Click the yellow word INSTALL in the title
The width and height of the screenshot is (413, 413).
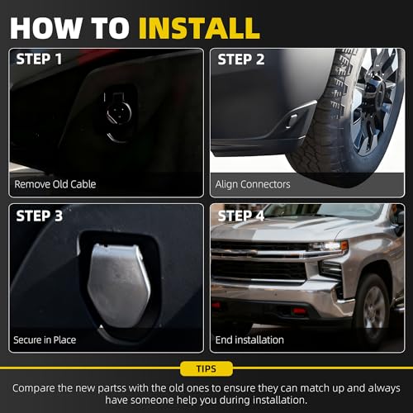199,28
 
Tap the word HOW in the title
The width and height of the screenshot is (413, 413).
46,28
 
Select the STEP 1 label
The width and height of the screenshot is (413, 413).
39,59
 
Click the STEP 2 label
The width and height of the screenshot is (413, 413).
241,59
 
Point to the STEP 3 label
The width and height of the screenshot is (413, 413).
40,216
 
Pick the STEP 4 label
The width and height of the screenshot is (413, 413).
241,216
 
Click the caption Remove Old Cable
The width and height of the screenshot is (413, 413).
55,184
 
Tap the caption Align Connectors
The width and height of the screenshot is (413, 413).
253,184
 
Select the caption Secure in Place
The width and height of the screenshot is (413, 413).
45,340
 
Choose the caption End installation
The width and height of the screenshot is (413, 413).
249,340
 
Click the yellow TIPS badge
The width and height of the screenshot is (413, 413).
206,368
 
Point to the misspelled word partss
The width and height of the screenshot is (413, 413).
112,388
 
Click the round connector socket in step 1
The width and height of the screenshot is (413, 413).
119,112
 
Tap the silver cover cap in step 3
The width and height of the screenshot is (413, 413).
119,286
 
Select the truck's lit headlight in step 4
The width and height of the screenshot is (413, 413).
329,246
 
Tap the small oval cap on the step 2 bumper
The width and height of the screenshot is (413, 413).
292,121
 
